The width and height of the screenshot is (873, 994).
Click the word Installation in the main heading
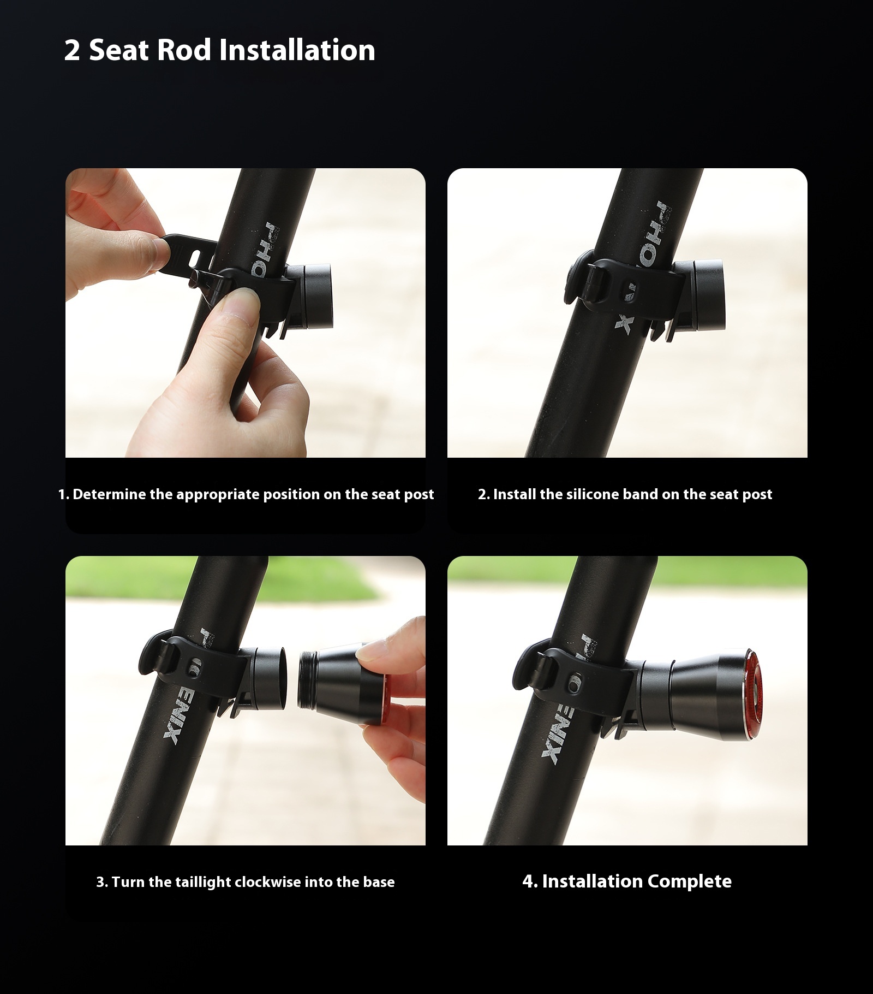(x=297, y=50)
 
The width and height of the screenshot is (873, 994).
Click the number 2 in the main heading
(x=72, y=50)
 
